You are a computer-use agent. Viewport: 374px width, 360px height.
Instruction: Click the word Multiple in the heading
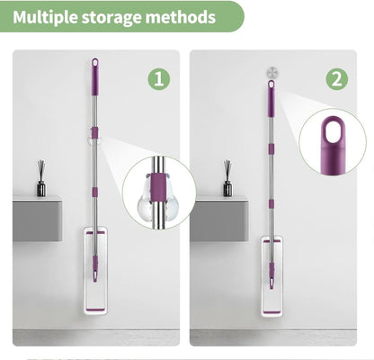(45, 17)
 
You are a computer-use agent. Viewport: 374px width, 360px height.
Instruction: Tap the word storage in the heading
(111, 18)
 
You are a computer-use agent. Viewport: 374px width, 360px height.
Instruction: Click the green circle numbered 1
(159, 79)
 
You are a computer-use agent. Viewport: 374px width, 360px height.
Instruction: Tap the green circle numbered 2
(337, 79)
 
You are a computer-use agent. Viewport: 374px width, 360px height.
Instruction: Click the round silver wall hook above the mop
(272, 73)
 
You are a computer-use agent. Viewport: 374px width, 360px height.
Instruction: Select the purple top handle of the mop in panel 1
(95, 76)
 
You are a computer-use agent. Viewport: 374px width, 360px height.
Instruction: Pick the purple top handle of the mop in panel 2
(271, 98)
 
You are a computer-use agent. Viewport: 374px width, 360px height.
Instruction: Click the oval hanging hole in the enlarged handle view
(333, 131)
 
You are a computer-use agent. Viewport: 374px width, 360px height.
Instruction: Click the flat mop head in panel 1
(95, 271)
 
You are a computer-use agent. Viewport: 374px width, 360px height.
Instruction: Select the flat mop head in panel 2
(272, 276)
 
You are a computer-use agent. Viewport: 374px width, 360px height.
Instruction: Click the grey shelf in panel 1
(37, 219)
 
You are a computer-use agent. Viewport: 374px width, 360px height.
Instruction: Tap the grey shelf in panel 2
(219, 219)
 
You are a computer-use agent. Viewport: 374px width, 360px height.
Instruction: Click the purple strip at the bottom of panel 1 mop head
(95, 310)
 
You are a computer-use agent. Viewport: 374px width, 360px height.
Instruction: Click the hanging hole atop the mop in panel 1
(95, 63)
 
